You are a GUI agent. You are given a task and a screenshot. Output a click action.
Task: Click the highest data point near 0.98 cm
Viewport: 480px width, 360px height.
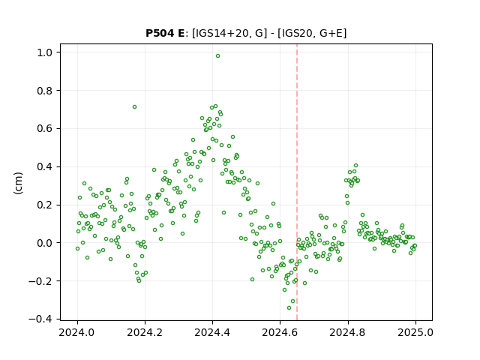(217, 56)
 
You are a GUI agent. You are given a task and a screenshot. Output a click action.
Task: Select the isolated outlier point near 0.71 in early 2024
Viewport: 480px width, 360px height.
(134, 106)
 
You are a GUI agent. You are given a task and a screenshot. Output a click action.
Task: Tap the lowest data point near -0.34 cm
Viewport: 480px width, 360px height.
(289, 307)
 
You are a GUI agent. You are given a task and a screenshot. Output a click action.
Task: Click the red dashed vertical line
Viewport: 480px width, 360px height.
(297, 182)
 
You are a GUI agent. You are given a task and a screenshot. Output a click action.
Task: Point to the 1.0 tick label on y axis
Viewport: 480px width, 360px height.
(45, 52)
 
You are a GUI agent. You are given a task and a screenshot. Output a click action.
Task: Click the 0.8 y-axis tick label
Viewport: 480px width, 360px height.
(45, 91)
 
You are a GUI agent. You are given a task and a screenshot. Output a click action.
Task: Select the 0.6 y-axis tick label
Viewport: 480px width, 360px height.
(45, 128)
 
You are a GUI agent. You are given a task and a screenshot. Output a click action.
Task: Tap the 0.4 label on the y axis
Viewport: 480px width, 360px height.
(45, 166)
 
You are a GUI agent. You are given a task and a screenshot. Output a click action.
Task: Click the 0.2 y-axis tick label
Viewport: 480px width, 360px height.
(45, 205)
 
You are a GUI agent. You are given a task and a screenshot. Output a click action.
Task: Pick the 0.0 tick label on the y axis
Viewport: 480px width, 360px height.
(45, 243)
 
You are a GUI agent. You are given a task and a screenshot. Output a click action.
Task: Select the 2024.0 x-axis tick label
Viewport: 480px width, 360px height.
(76, 332)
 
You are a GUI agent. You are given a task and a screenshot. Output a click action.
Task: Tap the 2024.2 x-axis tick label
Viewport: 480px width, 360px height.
(145, 332)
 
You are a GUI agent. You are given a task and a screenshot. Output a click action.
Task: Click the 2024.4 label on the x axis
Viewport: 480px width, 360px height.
(212, 332)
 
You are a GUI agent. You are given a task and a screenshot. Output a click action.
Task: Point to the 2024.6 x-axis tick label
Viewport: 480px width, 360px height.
(280, 332)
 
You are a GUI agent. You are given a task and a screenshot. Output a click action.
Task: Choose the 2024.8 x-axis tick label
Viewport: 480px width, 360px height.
(347, 332)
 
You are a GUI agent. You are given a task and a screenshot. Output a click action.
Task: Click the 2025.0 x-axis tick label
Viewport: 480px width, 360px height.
(415, 332)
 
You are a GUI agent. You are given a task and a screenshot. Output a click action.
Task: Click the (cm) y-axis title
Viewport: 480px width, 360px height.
(18, 183)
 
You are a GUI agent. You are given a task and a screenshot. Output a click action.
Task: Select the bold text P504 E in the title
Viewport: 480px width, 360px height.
(165, 33)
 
